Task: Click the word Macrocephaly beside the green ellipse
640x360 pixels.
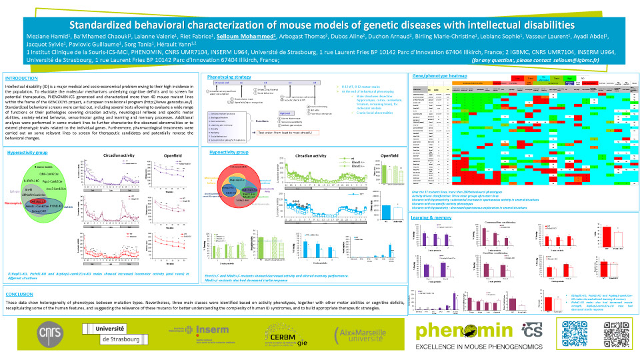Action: click(14, 201)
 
